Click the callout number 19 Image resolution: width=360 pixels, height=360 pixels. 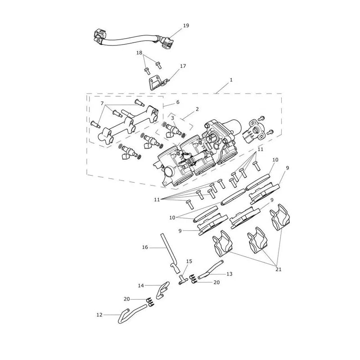186,26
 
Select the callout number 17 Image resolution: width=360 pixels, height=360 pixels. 183,66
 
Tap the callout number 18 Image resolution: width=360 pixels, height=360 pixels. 139,53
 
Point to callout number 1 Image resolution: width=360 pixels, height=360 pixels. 231,80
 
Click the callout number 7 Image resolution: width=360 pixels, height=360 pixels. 102,103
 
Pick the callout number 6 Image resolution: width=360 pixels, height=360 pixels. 178,102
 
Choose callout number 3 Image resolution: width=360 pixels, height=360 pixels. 173,118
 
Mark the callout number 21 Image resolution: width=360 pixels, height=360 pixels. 278,269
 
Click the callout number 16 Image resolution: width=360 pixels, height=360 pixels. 145,247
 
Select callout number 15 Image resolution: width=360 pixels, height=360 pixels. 189,261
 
